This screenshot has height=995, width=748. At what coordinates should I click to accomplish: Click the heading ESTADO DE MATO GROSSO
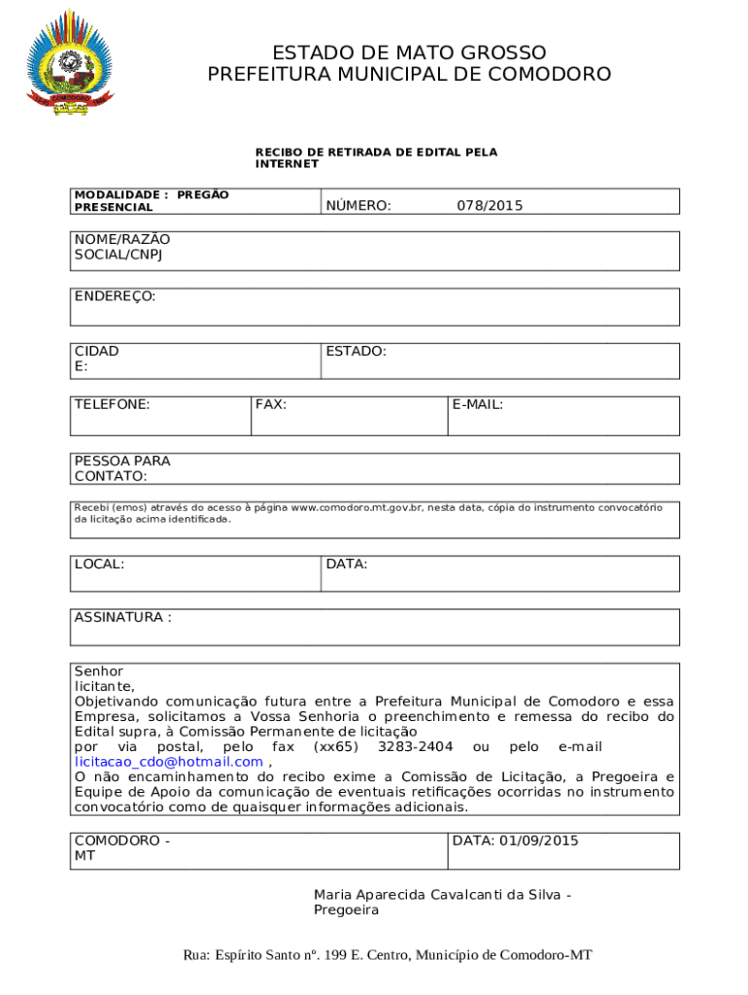coord(409,52)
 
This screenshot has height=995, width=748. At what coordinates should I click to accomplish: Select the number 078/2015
coord(490,205)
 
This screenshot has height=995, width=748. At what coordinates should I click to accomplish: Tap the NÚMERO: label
coord(358,205)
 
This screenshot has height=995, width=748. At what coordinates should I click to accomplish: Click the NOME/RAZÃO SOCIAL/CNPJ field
coord(374,251)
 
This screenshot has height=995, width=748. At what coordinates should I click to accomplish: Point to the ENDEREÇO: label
coord(115,295)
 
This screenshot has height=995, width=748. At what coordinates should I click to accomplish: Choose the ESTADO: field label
coord(356,351)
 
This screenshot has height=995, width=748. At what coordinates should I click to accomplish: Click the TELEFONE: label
coord(112,404)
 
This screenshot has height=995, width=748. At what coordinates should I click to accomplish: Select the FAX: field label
coord(270,404)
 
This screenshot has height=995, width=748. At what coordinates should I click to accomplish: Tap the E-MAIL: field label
coord(477,404)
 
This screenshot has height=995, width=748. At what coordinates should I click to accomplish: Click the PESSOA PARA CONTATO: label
coord(111,468)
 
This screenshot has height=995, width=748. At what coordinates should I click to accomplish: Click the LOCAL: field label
coord(99,564)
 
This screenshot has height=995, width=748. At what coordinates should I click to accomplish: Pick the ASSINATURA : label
coord(122,617)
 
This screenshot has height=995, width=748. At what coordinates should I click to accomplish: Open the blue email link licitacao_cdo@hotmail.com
coord(168,762)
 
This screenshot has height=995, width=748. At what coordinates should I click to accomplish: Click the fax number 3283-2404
coord(415,746)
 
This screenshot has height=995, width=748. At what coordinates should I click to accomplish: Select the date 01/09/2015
coord(539,841)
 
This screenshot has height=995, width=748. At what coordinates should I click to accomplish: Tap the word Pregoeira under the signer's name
coord(346,910)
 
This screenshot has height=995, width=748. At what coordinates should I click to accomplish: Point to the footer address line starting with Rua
coord(387,955)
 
